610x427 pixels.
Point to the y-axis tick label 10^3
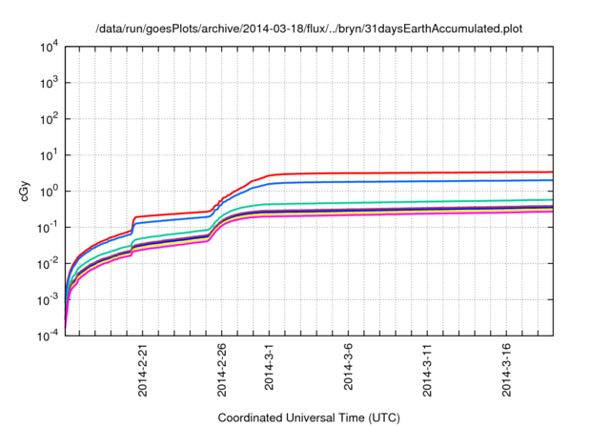point(49,83)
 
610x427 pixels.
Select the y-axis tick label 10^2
point(49,119)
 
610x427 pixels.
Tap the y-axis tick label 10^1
point(49,154)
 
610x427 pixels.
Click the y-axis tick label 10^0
point(49,191)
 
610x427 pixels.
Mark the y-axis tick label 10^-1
point(48,227)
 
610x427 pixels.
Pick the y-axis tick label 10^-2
point(48,263)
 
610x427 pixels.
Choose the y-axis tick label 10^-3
point(48,299)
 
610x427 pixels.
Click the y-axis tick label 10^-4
point(48,335)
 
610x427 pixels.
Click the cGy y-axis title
point(26,191)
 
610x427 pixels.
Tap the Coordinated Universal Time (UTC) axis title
point(309,417)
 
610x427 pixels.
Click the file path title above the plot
point(309,29)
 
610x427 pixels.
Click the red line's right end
point(553,173)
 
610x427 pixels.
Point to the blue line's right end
point(553,180)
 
